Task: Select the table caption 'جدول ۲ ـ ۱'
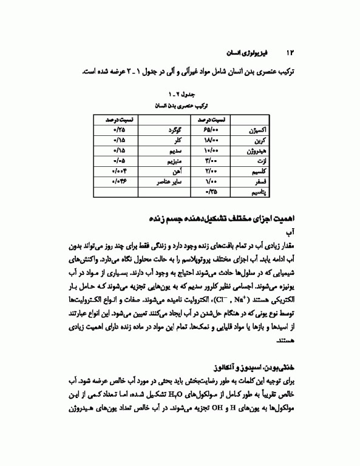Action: [x=179, y=95]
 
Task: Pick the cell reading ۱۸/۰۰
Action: [x=209, y=140]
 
